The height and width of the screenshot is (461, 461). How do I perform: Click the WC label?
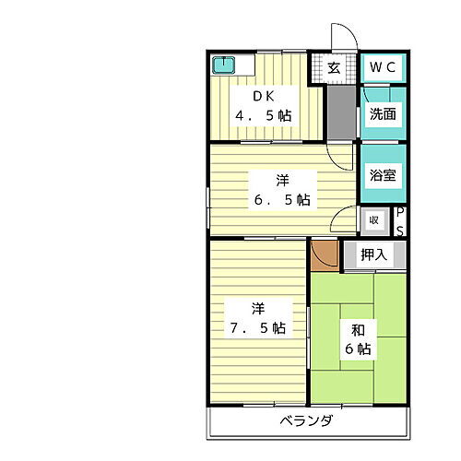click(383, 67)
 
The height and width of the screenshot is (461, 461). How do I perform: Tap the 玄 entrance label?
click(333, 67)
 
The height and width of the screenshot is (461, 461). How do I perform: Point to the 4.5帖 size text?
click(264, 116)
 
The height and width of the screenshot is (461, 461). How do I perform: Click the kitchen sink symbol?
click(224, 65)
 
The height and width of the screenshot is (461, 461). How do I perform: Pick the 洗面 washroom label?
click(383, 115)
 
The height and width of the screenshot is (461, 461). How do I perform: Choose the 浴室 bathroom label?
click(383, 174)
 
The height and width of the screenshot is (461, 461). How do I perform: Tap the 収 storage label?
click(373, 220)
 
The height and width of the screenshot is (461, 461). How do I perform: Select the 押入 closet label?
click(372, 254)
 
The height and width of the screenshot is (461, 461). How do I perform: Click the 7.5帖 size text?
click(259, 328)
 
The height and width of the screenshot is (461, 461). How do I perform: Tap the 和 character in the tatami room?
click(357, 327)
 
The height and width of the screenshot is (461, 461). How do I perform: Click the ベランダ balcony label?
click(307, 421)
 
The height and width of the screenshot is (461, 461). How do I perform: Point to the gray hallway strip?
click(340, 111)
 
